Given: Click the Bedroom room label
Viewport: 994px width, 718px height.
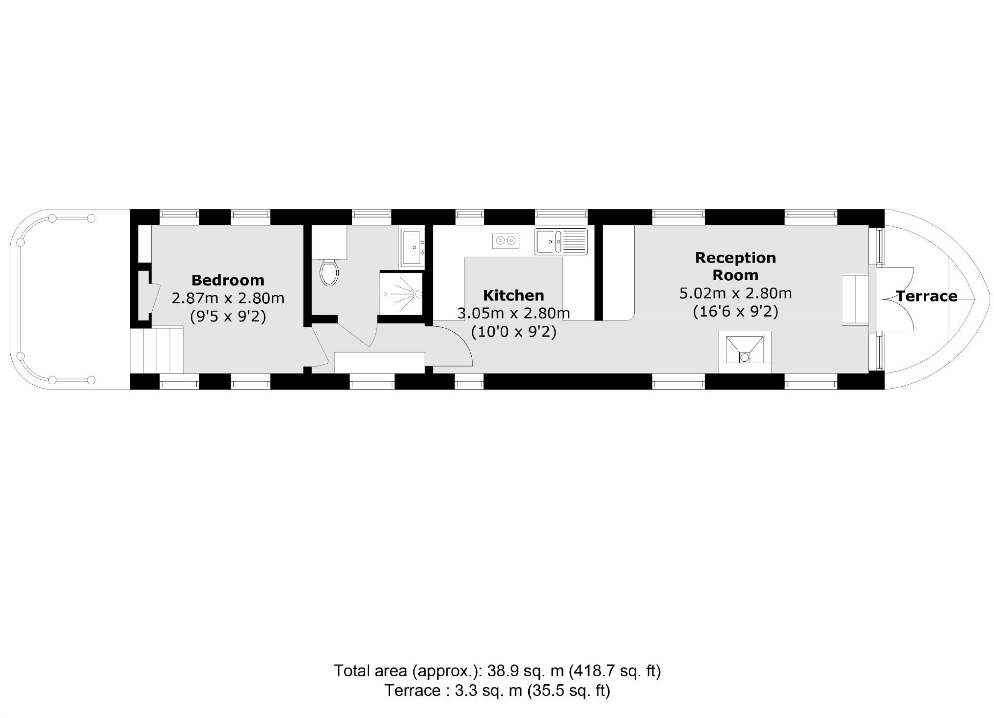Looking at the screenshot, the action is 228,280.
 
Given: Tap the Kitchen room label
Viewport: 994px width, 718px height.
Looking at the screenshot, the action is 513,295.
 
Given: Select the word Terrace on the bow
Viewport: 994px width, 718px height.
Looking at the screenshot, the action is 926,296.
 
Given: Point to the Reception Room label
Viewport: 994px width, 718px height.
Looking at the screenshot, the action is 735,266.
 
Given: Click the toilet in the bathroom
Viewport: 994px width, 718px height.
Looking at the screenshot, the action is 329,273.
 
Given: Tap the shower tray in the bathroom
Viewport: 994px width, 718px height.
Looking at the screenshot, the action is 401,293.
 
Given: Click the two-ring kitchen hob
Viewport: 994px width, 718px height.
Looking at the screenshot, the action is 506,240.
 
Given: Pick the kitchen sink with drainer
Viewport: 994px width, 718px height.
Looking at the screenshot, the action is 561,241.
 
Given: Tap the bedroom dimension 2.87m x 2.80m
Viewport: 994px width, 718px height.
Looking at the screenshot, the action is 228,298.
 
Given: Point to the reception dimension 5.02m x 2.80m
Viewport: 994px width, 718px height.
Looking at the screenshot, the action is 735,293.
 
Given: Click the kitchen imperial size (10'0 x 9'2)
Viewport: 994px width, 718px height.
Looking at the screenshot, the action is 513,332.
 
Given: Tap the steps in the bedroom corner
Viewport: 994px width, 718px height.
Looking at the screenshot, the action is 157,350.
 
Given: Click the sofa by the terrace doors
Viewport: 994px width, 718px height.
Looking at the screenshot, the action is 855,299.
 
